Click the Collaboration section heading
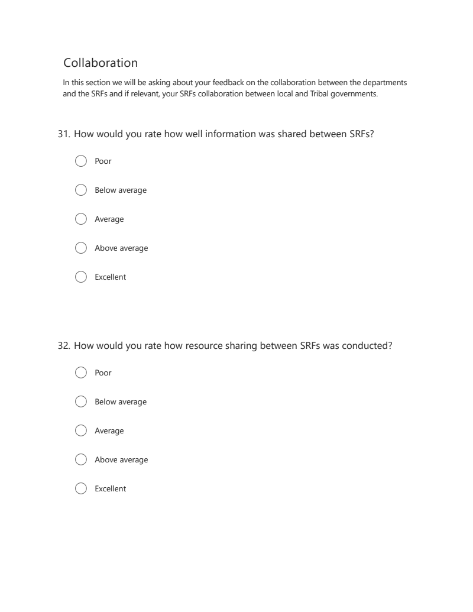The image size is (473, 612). click(101, 63)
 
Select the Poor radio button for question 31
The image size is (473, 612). click(82, 161)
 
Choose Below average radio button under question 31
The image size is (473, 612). click(82, 190)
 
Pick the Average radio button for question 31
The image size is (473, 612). click(82, 219)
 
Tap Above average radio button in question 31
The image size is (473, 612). click(82, 248)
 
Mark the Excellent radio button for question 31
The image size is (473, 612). click(82, 277)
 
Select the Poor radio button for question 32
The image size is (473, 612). click(82, 373)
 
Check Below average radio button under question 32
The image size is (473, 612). click(82, 401)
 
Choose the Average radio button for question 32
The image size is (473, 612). click(82, 430)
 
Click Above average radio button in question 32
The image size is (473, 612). click(82, 459)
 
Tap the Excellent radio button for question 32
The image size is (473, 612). click(82, 488)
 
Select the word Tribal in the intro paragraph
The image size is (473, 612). click(305, 93)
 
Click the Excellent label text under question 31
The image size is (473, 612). click(111, 277)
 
